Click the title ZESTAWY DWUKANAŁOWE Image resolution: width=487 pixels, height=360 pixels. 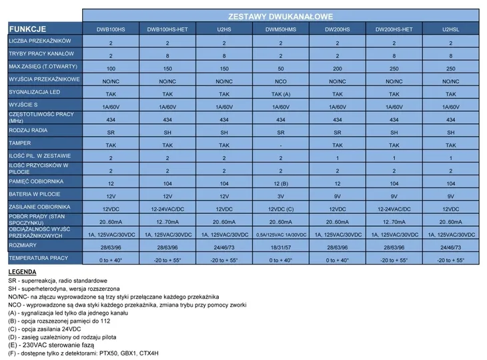click(281, 15)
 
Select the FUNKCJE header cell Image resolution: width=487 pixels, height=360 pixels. click(27, 29)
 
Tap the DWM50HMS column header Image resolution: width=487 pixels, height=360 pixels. click(281, 29)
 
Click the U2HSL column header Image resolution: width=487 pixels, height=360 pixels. click(451, 29)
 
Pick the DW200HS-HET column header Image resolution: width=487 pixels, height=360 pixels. click(394, 29)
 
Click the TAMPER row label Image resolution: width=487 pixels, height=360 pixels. click(20, 143)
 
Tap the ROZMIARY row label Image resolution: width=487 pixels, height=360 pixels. click(23, 245)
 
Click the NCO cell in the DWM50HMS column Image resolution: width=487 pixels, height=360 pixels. click(281, 81)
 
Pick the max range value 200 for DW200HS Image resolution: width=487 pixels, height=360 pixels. click(338, 69)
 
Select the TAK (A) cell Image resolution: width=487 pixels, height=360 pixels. click(281, 94)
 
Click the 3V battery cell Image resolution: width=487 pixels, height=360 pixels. click(281, 196)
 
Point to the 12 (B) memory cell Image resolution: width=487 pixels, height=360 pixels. click(281, 183)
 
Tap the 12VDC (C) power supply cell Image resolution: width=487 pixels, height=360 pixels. click(281, 209)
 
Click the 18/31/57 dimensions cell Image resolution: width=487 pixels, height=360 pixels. click(281, 247)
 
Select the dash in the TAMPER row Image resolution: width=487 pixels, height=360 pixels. click(281, 145)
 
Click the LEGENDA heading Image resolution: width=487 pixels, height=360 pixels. click(23, 273)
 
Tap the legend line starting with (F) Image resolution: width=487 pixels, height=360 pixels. click(84, 353)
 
